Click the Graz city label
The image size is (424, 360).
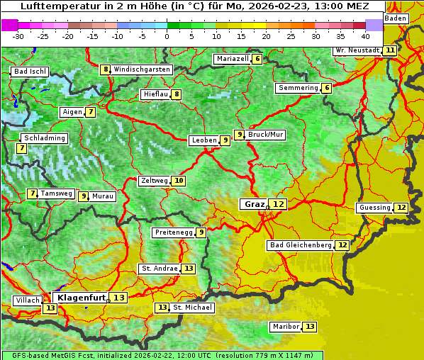[x=254, y=204]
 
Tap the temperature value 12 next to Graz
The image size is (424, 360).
[x=279, y=204]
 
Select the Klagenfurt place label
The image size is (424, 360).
[x=81, y=298]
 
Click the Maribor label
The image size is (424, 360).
[x=285, y=327]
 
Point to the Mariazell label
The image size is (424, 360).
[x=233, y=59]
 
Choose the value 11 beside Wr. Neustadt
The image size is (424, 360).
[x=390, y=50]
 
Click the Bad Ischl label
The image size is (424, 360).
[x=30, y=72]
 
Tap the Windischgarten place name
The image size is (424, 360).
[x=142, y=69]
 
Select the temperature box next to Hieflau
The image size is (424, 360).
[x=177, y=94]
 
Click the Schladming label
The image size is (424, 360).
[x=44, y=138]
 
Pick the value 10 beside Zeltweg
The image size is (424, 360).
[x=179, y=181]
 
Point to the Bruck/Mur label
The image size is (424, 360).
[x=266, y=135]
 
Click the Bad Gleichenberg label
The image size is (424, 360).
[x=300, y=245]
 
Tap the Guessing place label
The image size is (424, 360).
[x=374, y=208]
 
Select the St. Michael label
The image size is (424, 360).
[x=192, y=308]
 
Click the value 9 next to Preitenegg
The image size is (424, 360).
[x=201, y=232]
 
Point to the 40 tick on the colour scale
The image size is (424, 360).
[x=365, y=35]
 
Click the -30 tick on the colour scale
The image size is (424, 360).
[x=18, y=35]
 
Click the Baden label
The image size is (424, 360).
[x=396, y=18]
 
